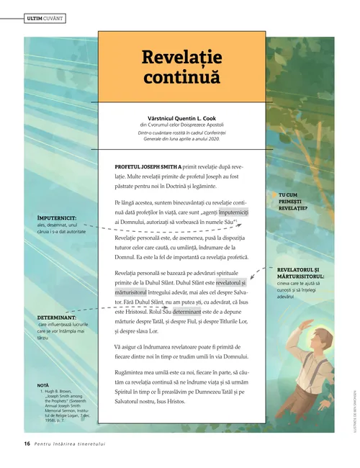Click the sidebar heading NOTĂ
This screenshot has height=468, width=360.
coord(42,386)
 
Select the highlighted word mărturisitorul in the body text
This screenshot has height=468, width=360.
coord(130,292)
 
